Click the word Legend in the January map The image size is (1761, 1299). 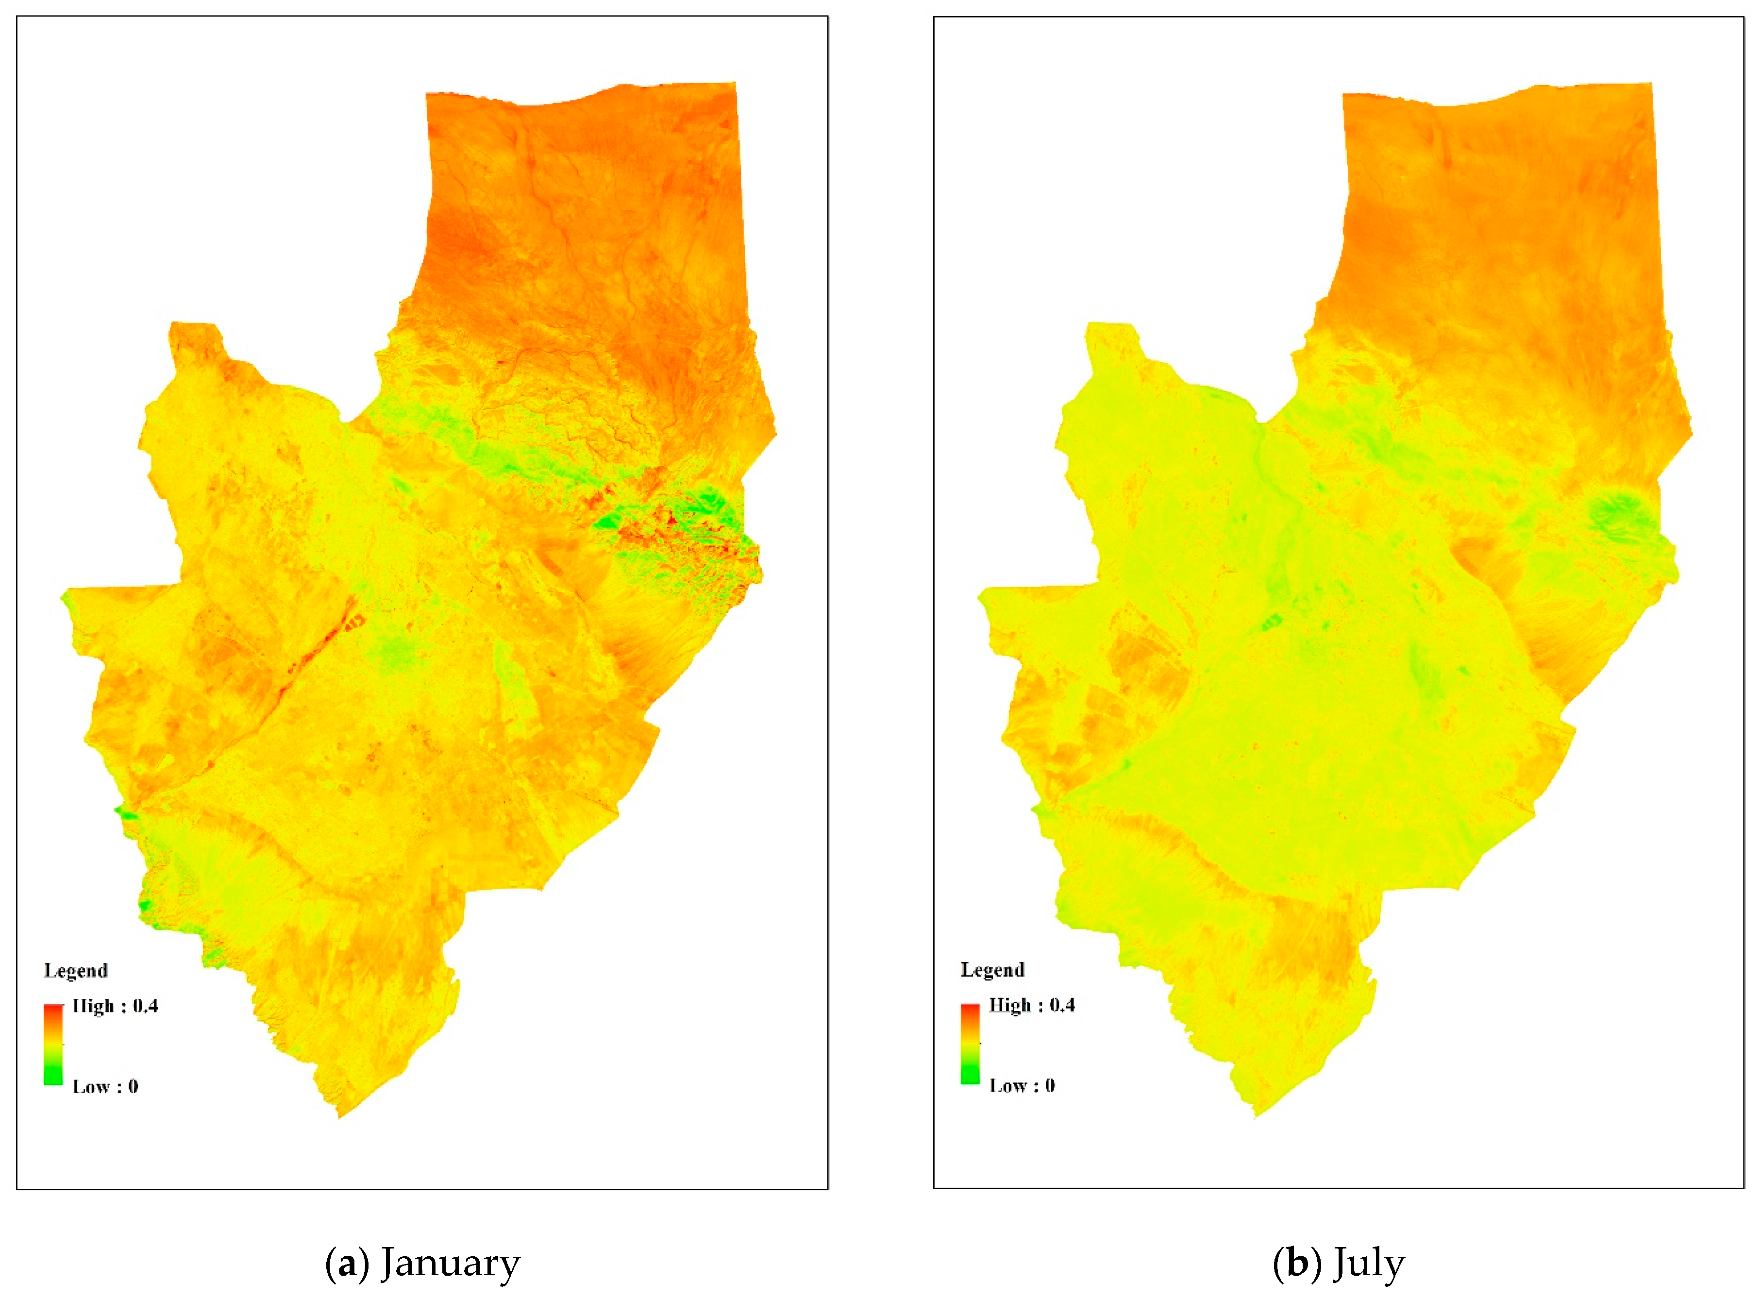coord(75,970)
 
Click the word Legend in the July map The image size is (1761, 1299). coord(992,970)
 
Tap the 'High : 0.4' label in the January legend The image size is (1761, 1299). coord(115,1006)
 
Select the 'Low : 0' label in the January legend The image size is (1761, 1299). coord(105,1087)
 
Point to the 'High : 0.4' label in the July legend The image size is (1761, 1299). coord(1031,1005)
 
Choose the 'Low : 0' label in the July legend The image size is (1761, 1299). coord(1022,1086)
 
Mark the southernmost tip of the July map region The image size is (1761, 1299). coord(1256,1115)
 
